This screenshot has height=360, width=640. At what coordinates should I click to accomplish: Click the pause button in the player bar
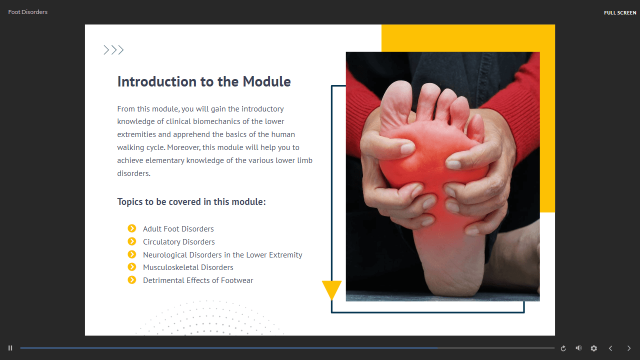point(10,348)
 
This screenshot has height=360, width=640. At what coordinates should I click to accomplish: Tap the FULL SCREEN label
point(620,13)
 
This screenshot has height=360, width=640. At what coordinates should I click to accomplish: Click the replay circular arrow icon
point(563,348)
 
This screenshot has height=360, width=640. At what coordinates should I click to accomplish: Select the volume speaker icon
point(578,348)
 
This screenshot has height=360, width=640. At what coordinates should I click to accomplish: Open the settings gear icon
point(593,348)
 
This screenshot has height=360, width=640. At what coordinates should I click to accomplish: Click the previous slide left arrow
point(610,348)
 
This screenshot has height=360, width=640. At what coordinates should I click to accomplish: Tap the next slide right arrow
point(629,348)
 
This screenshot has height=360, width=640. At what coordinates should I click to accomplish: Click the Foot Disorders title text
point(27,12)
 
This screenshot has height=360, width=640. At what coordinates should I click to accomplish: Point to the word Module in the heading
point(266,81)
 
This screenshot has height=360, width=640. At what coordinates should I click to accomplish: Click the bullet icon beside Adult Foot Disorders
point(131,228)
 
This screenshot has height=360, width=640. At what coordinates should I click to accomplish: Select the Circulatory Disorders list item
point(179,241)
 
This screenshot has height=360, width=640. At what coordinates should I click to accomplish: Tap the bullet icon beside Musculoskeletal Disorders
point(131,267)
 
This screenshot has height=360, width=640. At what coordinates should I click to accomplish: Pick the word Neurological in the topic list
point(165,255)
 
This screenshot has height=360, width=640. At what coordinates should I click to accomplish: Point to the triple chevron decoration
point(113,50)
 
